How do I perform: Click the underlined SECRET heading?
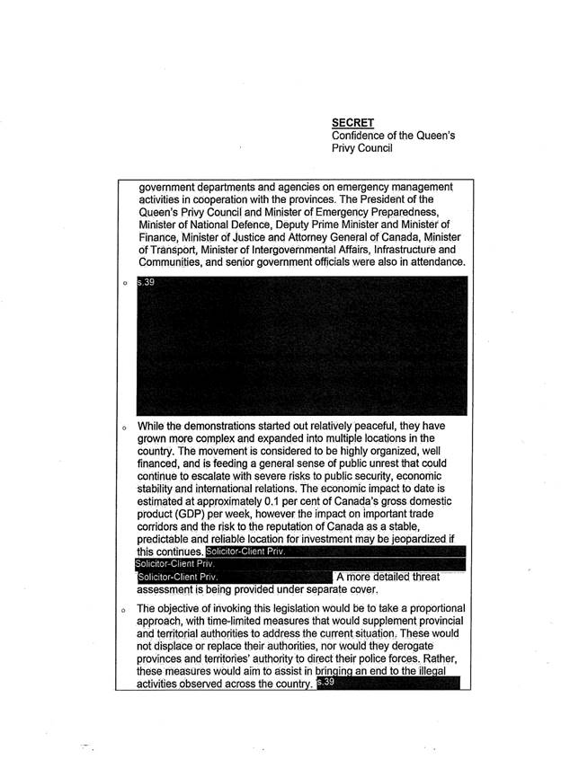pos(350,122)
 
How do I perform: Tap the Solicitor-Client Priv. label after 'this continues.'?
pos(245,552)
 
